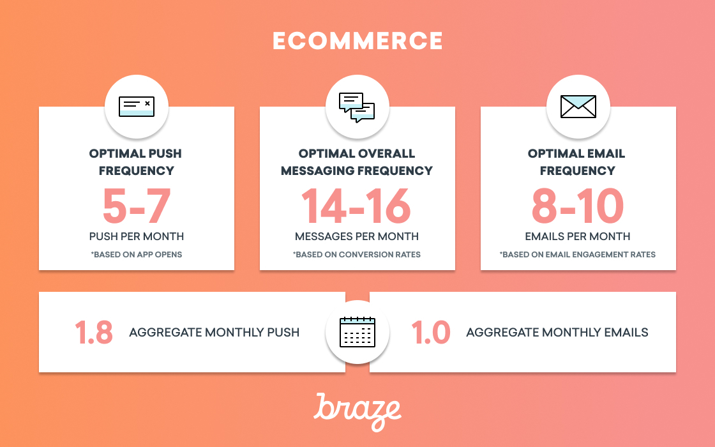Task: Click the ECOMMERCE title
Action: tap(357, 41)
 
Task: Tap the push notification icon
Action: tap(137, 107)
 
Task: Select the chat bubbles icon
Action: tap(357, 108)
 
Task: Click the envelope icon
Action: tap(578, 107)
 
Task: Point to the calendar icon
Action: tap(357, 332)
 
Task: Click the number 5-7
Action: tap(137, 206)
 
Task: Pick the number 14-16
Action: tap(356, 206)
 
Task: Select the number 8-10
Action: tap(578, 206)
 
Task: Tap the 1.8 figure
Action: tap(93, 332)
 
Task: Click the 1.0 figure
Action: tap(430, 332)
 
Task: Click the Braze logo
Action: tap(357, 412)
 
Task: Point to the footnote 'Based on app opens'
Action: tap(137, 255)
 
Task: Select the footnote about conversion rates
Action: tap(357, 255)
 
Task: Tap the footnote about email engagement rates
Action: tap(578, 255)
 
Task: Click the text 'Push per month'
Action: tap(137, 236)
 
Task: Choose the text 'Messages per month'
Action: tap(357, 236)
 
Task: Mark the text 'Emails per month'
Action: tap(578, 236)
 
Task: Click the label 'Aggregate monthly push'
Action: tap(214, 332)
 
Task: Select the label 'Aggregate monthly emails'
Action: tap(557, 332)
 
